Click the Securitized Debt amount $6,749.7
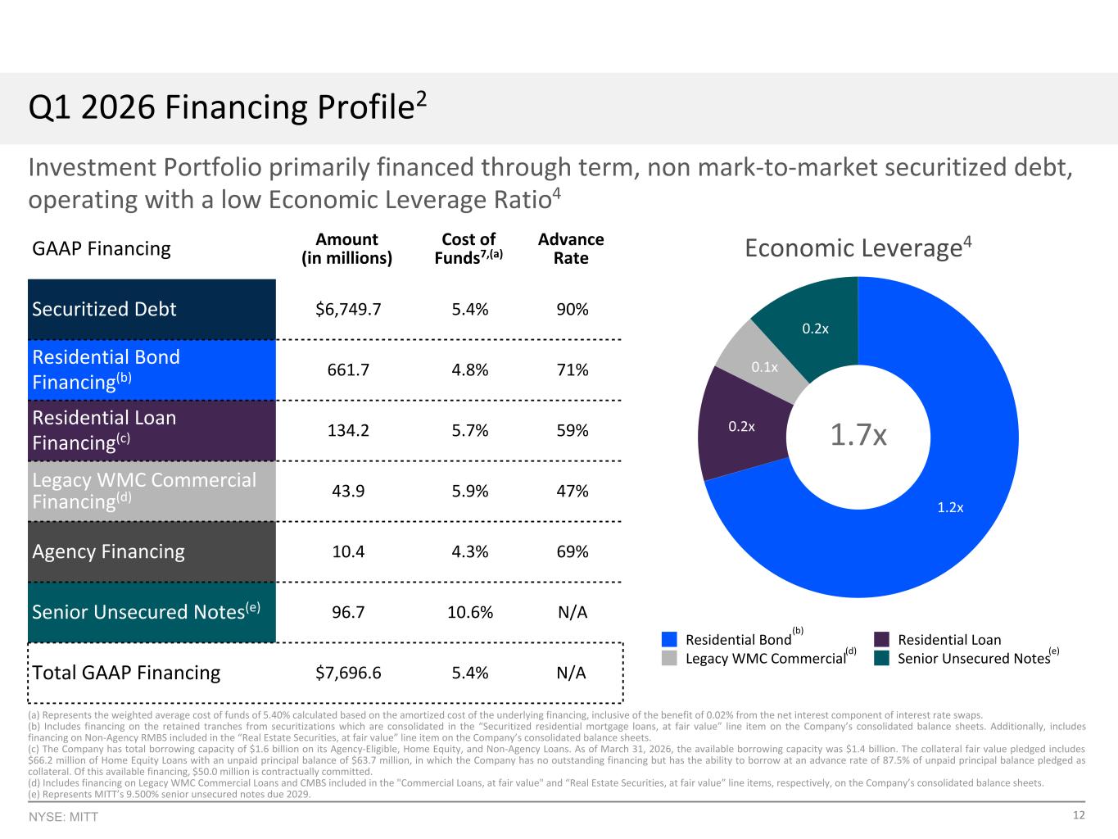click(348, 309)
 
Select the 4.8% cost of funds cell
click(469, 370)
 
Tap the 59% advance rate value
click(572, 430)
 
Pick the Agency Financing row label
click(108, 551)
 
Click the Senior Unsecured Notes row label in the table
click(146, 611)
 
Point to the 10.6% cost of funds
click(469, 612)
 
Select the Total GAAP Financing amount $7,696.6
click(348, 673)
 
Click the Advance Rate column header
click(571, 248)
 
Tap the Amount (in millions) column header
click(346, 248)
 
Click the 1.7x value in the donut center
click(858, 435)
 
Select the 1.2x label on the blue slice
click(950, 507)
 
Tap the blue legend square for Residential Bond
click(669, 639)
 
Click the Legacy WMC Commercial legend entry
click(759, 658)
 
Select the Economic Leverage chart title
click(858, 248)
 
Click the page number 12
click(1079, 815)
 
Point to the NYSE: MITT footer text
click(63, 817)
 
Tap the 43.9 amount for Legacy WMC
click(348, 491)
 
